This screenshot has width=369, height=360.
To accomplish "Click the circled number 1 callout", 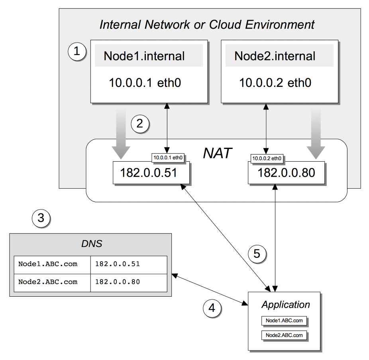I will [77, 52].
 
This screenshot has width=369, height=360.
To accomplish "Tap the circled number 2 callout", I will [139, 123].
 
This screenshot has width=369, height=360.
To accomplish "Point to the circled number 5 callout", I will [257, 254].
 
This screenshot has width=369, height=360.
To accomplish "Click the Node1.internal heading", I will [144, 56].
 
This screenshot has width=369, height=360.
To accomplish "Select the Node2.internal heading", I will [275, 56].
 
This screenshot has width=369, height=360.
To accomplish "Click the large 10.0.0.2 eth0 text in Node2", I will [275, 83].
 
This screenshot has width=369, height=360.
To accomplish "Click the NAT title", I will [217, 153].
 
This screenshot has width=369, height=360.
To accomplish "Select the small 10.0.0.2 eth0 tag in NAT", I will [267, 158].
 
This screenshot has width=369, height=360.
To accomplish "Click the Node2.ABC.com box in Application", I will [285, 335].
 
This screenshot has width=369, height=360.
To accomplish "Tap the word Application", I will [285, 305].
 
